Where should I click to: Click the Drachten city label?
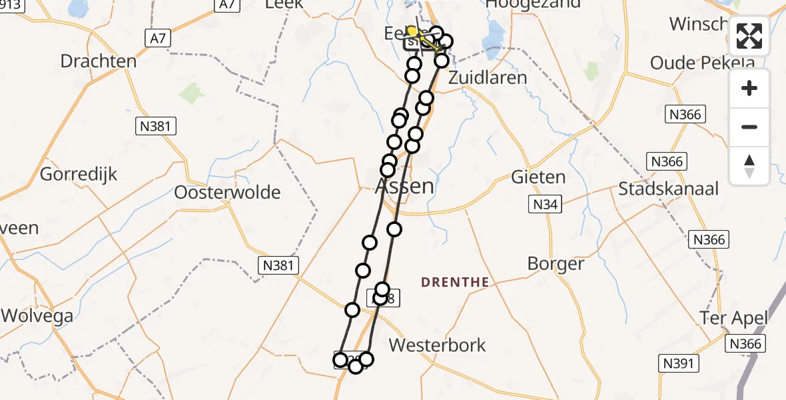click(99, 61)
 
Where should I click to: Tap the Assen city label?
click(405, 186)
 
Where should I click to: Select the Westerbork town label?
click(438, 345)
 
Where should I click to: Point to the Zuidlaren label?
click(488, 77)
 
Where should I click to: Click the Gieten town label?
click(538, 177)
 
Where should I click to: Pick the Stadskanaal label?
click(668, 189)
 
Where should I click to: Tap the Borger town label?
click(556, 263)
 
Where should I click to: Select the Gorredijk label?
click(79, 175)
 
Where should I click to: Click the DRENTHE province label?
click(455, 283)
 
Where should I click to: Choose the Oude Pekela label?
click(702, 63)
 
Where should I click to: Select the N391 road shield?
click(679, 363)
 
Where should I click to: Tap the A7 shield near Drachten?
click(157, 39)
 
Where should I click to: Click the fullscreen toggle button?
click(749, 36)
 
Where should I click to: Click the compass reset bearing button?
click(749, 165)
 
